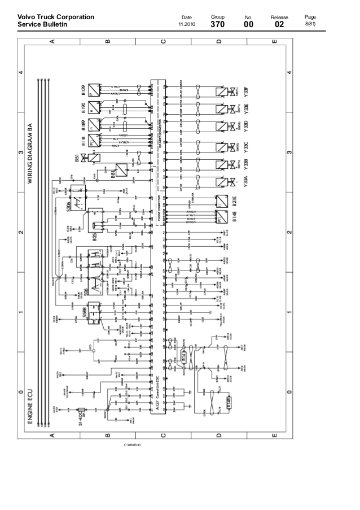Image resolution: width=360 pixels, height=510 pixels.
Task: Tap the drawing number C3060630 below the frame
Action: [133, 446]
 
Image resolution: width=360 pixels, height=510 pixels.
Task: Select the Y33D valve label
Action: [245, 125]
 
